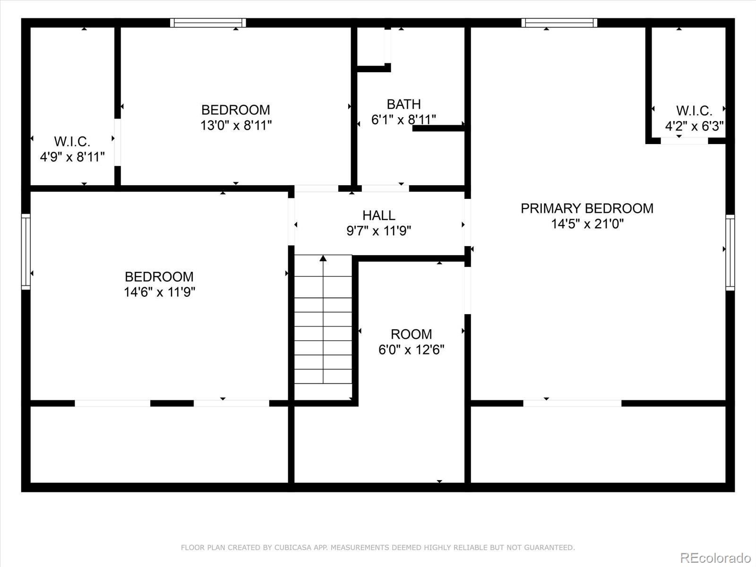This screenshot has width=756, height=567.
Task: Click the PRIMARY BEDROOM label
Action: (x=587, y=208)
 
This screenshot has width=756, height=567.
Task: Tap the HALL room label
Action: (x=378, y=215)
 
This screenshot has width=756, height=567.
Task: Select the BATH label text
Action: (x=404, y=104)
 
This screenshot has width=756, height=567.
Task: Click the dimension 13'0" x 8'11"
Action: (x=236, y=125)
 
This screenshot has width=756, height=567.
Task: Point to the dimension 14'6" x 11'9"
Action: (x=159, y=292)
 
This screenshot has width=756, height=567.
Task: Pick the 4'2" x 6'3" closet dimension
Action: (x=694, y=126)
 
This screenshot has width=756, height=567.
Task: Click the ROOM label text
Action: (x=411, y=334)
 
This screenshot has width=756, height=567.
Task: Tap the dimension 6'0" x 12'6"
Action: (x=411, y=350)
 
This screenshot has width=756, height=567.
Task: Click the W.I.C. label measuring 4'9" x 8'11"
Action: (x=72, y=141)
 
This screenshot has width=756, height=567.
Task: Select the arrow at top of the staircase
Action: (x=323, y=258)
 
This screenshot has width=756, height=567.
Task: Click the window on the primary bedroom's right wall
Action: (x=730, y=252)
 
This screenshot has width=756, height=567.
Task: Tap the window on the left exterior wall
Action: (x=26, y=251)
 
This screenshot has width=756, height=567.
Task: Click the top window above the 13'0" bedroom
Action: (x=208, y=23)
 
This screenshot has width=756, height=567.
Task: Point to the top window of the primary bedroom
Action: (x=559, y=23)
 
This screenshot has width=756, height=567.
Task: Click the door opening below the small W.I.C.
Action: (x=684, y=141)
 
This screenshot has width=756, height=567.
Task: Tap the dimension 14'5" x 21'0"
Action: (x=587, y=223)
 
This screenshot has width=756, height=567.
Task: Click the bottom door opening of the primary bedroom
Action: (x=572, y=403)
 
